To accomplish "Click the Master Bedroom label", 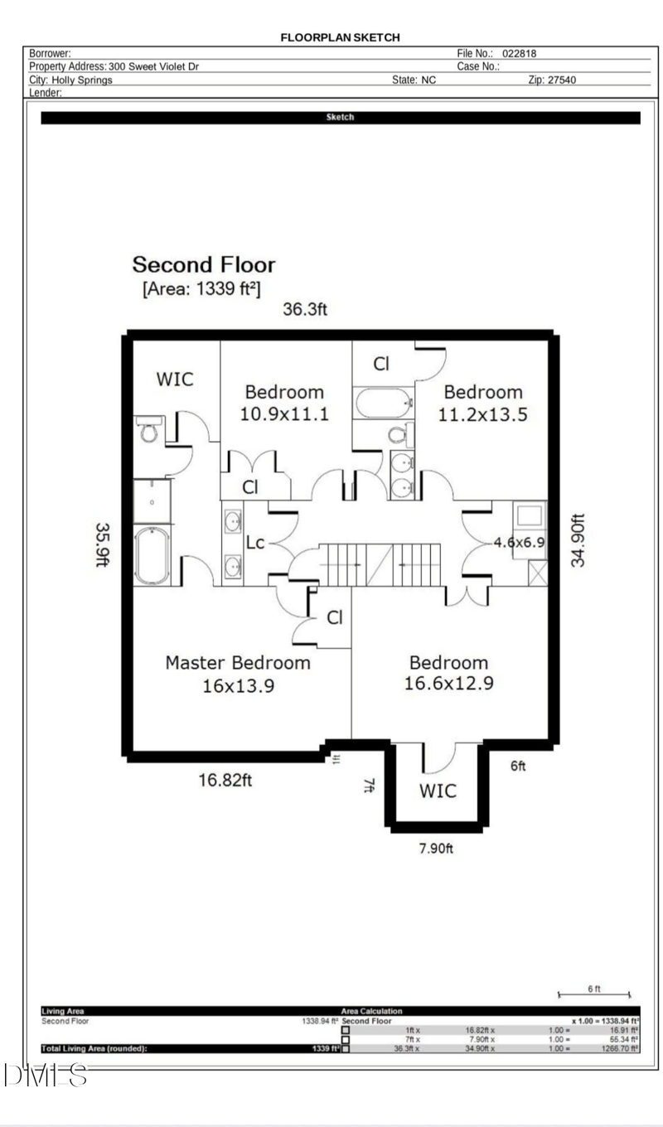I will [238, 663].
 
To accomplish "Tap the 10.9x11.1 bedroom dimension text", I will [284, 414].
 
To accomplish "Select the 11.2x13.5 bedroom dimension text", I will [483, 414].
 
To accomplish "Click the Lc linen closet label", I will [255, 543].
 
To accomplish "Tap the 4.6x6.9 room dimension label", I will [518, 544].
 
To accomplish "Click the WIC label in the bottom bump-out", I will [437, 791].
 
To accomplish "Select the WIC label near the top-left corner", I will [175, 379].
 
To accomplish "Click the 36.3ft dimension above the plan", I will [306, 310].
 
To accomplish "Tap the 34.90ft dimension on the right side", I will [578, 539].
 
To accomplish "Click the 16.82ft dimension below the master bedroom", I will [225, 780].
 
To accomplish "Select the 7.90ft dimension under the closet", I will [435, 848].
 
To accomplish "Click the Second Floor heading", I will [204, 265].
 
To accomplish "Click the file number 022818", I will [520, 53].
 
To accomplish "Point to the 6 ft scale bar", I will [593, 993].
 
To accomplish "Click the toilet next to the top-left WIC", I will [149, 431].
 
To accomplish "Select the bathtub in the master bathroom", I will [152, 555].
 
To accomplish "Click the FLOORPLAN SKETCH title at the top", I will [340, 37].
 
